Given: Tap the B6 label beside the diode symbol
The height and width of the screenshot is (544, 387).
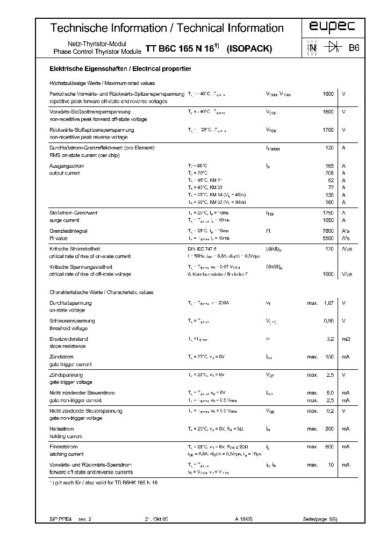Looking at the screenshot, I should (354, 48).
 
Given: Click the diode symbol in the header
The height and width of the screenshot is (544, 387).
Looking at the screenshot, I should (328, 48).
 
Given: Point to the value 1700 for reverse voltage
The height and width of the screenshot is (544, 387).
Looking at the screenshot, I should (328, 130).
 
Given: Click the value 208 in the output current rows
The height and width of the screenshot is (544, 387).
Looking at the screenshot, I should (328, 173).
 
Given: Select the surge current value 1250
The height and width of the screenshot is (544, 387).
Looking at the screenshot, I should (328, 213).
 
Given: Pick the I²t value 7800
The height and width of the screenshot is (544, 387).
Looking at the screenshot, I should (328, 231).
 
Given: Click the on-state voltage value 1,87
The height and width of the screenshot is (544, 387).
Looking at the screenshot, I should (328, 303).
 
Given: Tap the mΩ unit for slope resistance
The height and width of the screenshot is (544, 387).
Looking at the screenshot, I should (346, 339).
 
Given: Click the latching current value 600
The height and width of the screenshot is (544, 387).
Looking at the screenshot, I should (328, 447).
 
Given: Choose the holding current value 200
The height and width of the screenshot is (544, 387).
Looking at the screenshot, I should (328, 428).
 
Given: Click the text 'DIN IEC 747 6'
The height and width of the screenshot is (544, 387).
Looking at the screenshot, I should (202, 249).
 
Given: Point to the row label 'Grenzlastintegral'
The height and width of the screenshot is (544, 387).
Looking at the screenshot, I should (68, 231).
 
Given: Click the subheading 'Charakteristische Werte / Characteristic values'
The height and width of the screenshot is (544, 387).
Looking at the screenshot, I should (101, 292).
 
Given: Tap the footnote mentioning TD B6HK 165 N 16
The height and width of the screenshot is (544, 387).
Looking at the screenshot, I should (104, 482).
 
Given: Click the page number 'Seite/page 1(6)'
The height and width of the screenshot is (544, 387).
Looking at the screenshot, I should (320, 520).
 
